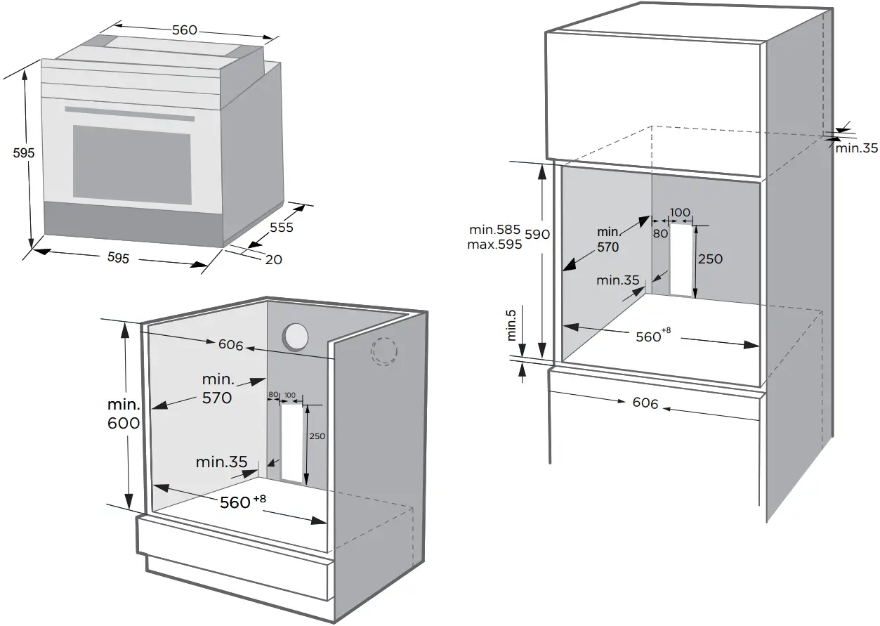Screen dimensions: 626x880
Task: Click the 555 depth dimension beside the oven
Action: (281, 228)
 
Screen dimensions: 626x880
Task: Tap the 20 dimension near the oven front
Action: (273, 259)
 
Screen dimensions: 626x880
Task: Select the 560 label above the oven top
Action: (185, 30)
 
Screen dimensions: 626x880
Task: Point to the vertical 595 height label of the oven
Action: (23, 152)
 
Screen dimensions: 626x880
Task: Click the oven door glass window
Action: (132, 162)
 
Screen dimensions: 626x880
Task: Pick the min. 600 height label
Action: (124, 415)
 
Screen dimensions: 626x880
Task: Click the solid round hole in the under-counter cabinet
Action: (295, 336)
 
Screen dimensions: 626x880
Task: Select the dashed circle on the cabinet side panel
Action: (384, 351)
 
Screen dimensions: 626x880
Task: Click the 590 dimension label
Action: (538, 234)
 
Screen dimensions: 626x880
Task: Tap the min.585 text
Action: (495, 230)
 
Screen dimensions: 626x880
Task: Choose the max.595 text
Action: (494, 245)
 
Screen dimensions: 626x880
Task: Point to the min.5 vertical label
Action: (512, 325)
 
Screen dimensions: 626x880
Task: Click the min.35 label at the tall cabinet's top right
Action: (857, 148)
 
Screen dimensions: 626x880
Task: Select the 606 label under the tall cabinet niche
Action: (645, 403)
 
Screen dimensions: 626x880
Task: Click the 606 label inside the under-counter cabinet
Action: (230, 345)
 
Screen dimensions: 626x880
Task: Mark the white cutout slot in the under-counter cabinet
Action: (293, 443)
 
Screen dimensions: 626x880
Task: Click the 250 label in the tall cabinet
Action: (710, 259)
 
